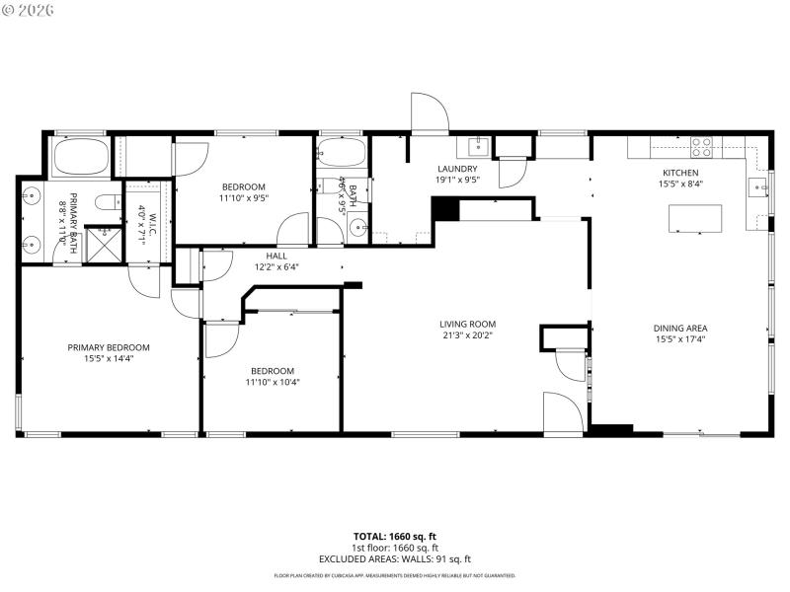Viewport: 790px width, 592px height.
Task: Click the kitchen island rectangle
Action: point(696,218)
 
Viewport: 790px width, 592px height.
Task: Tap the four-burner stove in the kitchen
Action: point(702,147)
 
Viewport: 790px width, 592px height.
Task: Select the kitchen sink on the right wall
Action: point(757,187)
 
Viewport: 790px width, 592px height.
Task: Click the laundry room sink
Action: point(475,148)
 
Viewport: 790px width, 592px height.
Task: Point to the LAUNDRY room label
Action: point(457,169)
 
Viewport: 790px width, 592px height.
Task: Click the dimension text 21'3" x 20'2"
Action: point(467,335)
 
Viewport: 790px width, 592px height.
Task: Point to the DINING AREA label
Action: point(680,329)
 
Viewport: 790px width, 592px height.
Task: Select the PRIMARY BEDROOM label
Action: point(109,347)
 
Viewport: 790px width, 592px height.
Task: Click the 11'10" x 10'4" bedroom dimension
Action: point(272,383)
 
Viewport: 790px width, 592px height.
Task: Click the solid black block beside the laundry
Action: point(446,209)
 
